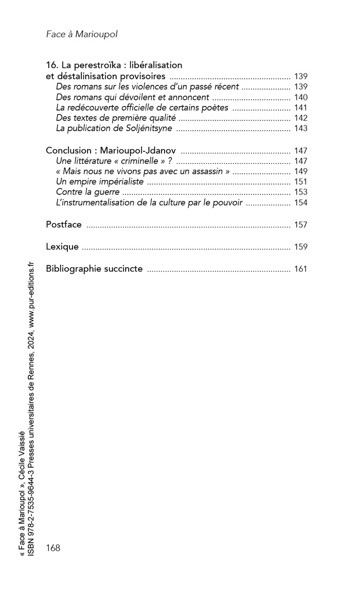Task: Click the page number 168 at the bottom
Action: [x=53, y=548]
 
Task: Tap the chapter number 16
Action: [x=51, y=65]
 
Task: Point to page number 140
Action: [x=301, y=97]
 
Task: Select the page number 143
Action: [x=301, y=128]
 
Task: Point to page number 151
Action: [x=301, y=182]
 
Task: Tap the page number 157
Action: [x=301, y=225]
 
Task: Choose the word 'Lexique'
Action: [x=62, y=246]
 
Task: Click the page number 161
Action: [x=301, y=269]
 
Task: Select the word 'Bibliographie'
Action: [x=75, y=269]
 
